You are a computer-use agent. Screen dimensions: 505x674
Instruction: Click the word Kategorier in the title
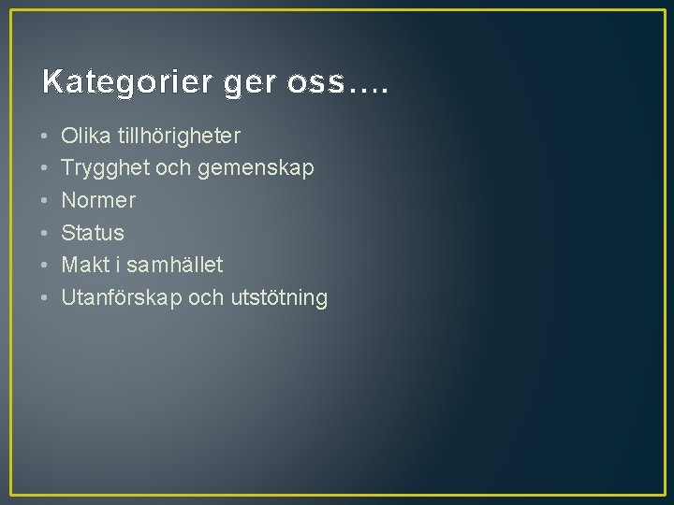pyautogui.click(x=128, y=82)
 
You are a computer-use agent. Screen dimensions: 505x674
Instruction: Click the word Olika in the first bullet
pyautogui.click(x=85, y=137)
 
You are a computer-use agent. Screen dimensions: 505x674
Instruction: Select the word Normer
pyautogui.click(x=98, y=201)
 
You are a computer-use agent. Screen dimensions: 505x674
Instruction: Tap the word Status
pyautogui.click(x=93, y=233)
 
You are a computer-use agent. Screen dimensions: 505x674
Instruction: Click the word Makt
pyautogui.click(x=84, y=266)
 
